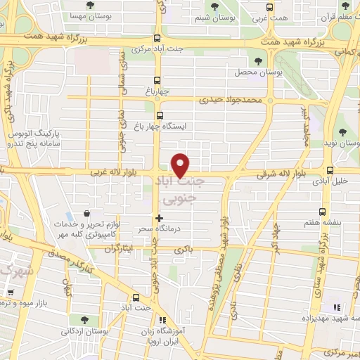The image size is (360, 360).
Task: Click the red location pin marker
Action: (181, 165)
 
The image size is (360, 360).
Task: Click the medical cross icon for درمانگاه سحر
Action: (160, 219)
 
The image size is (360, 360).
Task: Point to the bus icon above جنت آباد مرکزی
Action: (158, 39)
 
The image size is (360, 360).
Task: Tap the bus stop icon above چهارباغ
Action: (159, 80)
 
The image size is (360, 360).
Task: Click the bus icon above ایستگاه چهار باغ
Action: (160, 115)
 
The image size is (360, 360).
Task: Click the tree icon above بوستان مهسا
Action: (96, 5)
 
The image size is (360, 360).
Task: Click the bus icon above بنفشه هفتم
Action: (323, 211)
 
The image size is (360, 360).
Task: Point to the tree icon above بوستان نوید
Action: (343, 131)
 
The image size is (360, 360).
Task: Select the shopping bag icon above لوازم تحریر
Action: (86, 212)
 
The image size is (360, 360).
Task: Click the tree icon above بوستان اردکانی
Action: (85, 320)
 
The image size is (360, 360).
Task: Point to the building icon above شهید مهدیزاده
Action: (336, 307)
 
